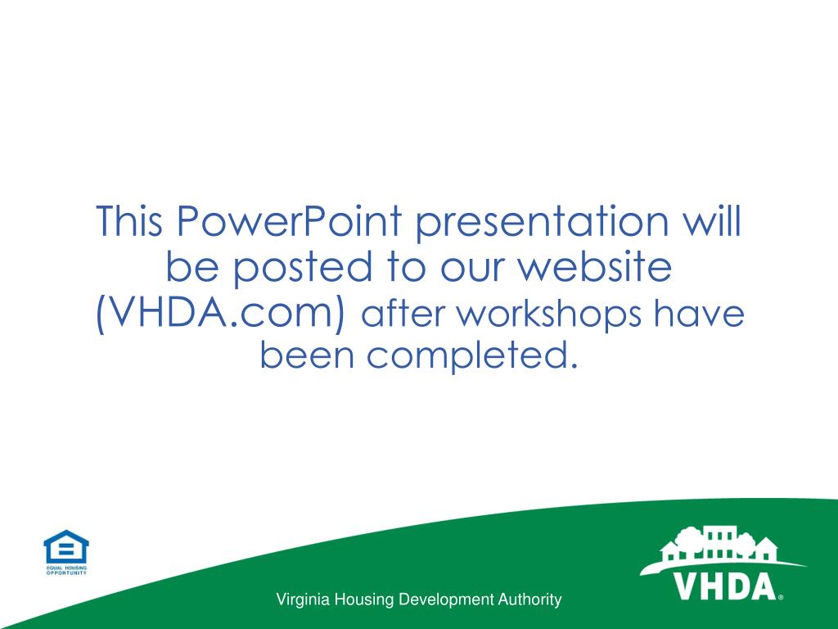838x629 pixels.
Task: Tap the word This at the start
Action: point(130,223)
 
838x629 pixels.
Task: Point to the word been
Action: point(306,355)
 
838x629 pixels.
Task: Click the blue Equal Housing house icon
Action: point(65,547)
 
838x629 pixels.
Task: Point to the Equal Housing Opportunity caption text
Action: point(65,570)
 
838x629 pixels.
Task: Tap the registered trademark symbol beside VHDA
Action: point(781,598)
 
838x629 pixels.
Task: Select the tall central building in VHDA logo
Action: point(719,542)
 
